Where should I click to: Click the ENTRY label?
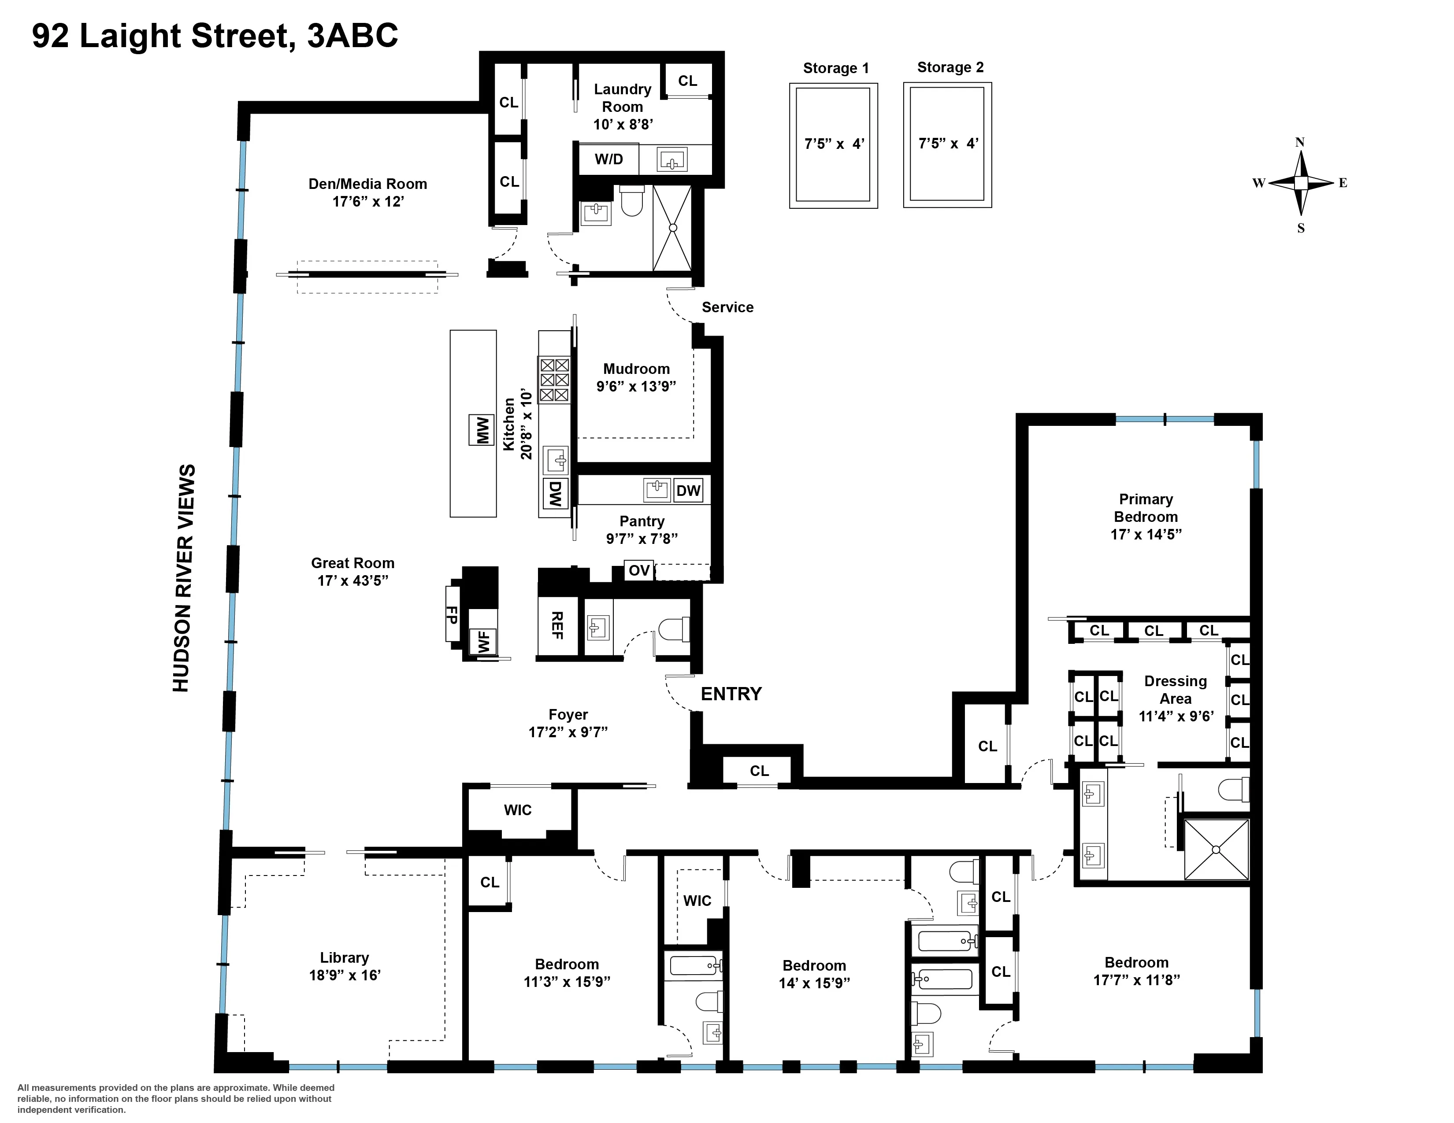pos(731,694)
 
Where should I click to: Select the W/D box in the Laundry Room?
pos(608,159)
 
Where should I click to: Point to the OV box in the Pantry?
pos(638,570)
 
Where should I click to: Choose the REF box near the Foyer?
pos(557,626)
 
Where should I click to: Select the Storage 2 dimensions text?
pos(948,143)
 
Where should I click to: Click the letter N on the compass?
pos(1299,142)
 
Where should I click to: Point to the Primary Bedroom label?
pos(1145,508)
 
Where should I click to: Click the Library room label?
pos(344,957)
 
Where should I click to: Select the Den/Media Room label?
pos(367,184)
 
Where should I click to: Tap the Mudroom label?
pos(636,369)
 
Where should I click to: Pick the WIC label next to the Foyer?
pos(517,809)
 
